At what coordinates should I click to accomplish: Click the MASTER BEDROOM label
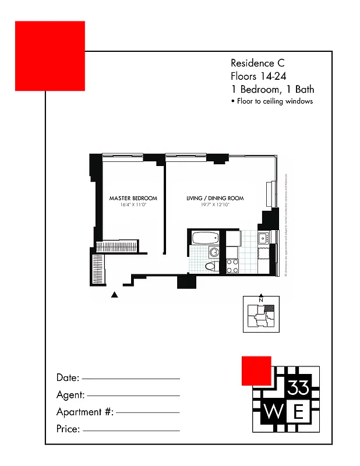[x=132, y=199]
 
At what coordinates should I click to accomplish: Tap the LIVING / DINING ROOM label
[x=215, y=199]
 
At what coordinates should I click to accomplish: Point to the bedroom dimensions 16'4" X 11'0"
[x=132, y=205]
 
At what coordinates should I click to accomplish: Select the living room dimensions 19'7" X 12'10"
[x=215, y=205]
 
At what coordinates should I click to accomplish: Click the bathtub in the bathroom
[x=204, y=238]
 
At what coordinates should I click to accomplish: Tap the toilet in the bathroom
[x=210, y=266]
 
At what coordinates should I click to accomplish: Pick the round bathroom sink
[x=213, y=252]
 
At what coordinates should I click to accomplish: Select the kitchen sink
[x=263, y=237]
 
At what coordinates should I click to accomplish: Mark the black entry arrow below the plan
[x=115, y=295]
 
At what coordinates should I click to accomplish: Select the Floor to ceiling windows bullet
[x=272, y=101]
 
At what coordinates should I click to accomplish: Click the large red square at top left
[x=50, y=56]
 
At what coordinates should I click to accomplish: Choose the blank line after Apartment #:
[x=149, y=412]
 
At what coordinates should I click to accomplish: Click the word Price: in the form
[x=68, y=430]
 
